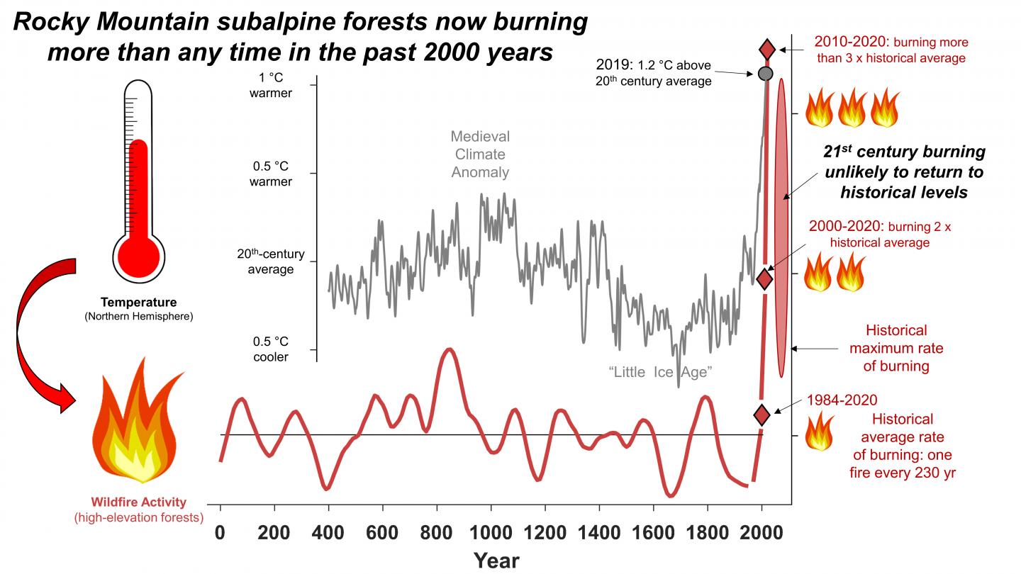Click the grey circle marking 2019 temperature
click(x=765, y=73)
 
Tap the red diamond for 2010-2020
click(x=768, y=50)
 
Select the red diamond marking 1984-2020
click(x=761, y=415)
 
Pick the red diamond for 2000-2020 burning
click(x=764, y=278)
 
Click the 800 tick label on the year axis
click(x=437, y=533)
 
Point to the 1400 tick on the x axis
click(x=599, y=533)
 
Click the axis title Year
click(x=496, y=560)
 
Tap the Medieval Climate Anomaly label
click(x=480, y=154)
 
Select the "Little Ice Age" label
click(x=659, y=372)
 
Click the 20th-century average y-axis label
click(x=265, y=261)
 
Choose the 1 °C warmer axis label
click(x=270, y=85)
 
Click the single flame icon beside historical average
click(x=820, y=432)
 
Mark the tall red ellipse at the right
click(x=781, y=227)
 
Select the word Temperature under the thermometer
click(x=138, y=303)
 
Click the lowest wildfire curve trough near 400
click(x=327, y=488)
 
